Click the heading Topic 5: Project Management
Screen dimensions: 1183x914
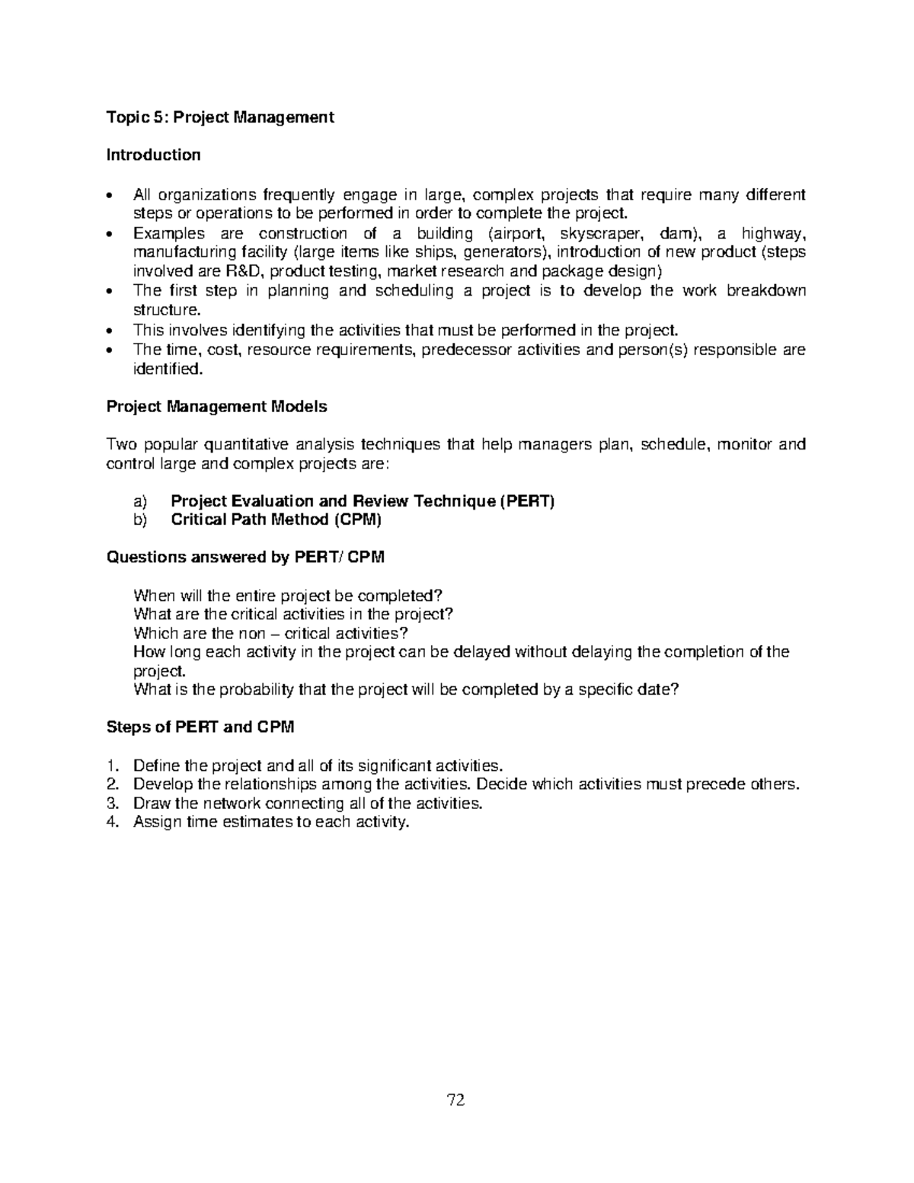tap(219, 117)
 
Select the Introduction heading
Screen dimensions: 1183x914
tap(153, 155)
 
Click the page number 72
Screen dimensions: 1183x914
tap(456, 1100)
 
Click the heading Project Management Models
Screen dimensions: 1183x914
tap(216, 407)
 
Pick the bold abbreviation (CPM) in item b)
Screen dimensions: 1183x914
tap(356, 520)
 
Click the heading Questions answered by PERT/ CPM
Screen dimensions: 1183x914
tap(244, 557)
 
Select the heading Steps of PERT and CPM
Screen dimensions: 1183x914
tap(200, 727)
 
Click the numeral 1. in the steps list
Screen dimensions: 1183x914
tap(113, 766)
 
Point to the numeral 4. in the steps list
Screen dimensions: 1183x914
tap(113, 822)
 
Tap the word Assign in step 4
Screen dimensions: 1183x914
tap(156, 822)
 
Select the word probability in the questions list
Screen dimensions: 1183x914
tap(254, 689)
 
